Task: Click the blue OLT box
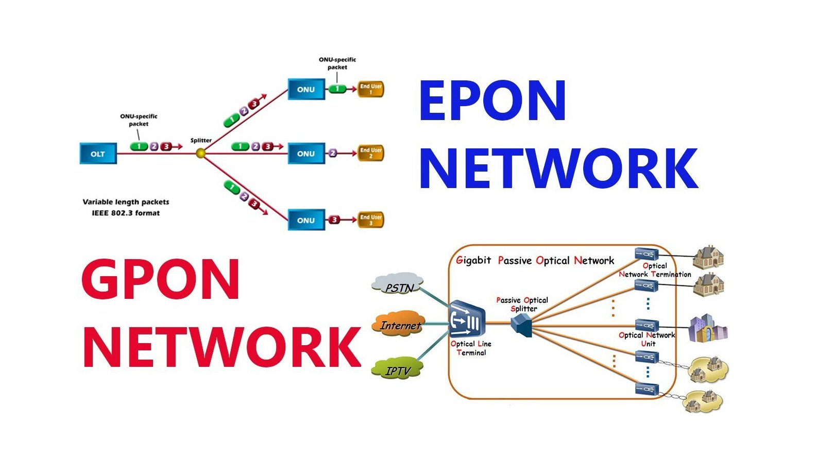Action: [98, 154]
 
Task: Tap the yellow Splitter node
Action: [201, 153]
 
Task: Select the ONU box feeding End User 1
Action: [306, 89]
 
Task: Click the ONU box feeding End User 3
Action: [306, 220]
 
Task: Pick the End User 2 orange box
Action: [370, 153]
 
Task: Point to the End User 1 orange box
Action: [370, 89]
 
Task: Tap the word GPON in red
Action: [160, 279]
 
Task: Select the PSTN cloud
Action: [398, 285]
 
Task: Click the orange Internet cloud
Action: [399, 324]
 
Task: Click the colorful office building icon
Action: [707, 329]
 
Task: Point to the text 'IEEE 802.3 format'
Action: [126, 213]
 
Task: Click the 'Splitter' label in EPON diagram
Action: [201, 140]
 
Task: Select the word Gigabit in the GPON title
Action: [473, 260]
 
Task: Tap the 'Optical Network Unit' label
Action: [647, 339]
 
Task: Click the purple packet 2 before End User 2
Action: [333, 153]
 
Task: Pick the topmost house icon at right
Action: [708, 257]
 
